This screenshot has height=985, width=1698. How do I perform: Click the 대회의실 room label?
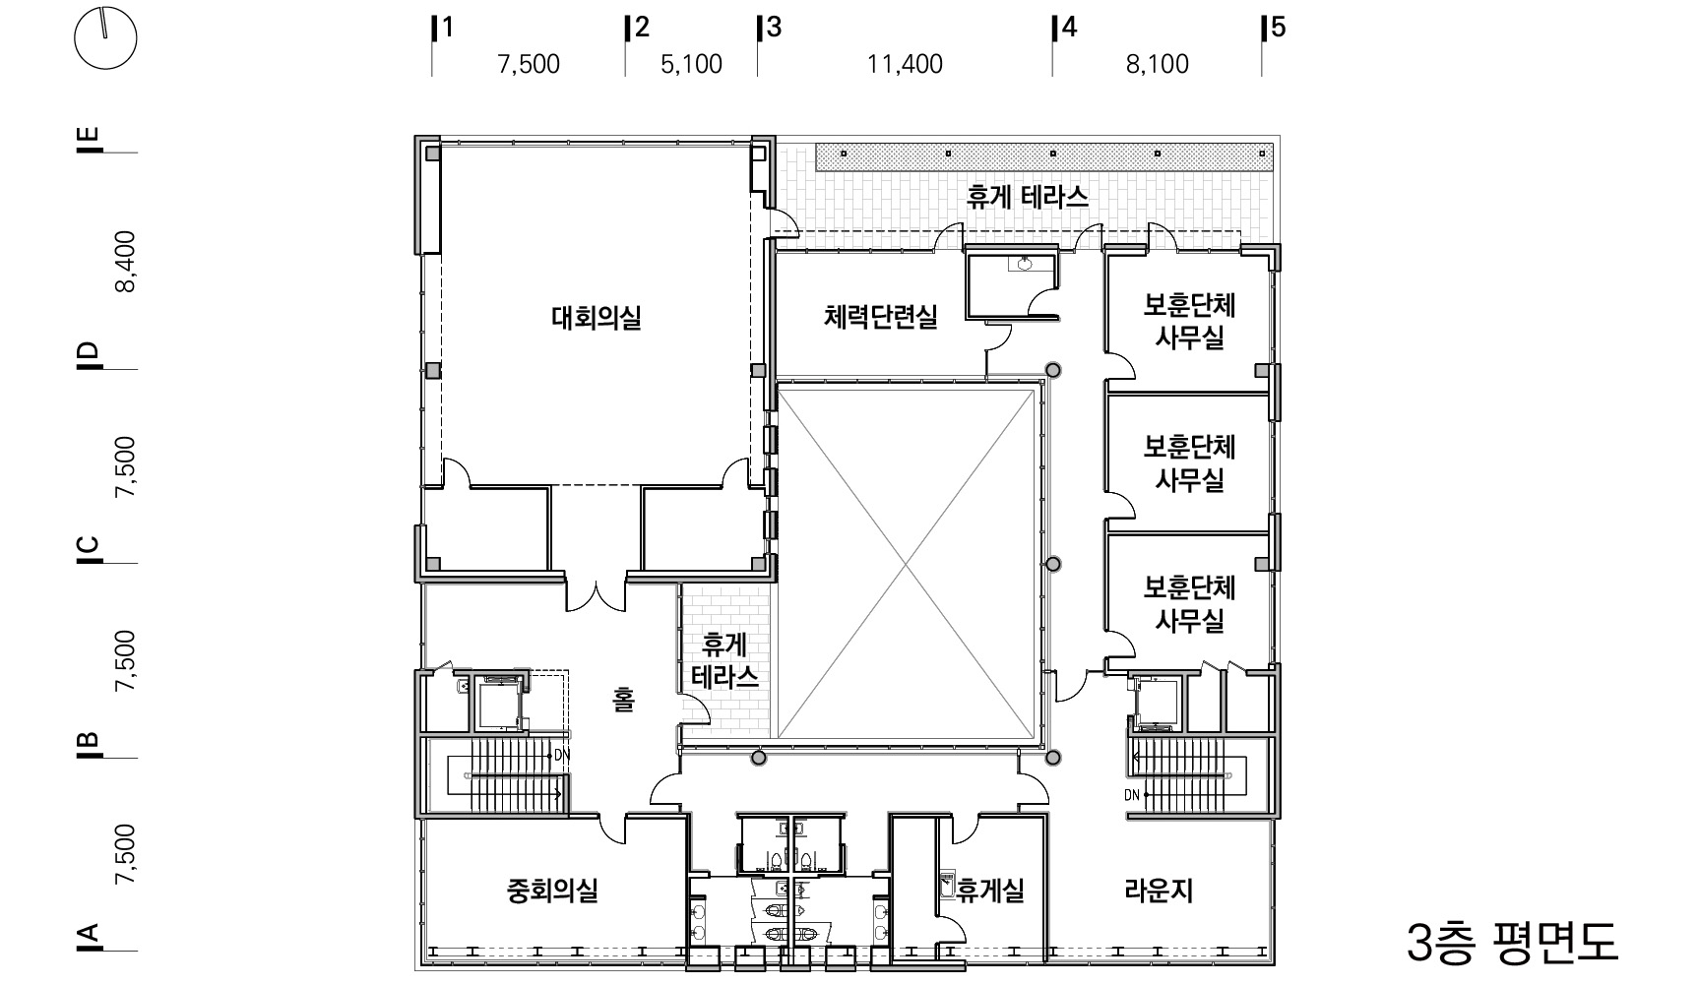click(x=597, y=318)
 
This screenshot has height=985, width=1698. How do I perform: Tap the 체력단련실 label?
click(x=881, y=317)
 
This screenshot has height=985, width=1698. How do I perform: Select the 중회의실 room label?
click(x=552, y=892)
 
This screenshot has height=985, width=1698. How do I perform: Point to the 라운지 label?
click(x=1159, y=892)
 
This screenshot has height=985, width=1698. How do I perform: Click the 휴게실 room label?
click(x=991, y=891)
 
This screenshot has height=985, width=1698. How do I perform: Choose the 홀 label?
click(x=624, y=700)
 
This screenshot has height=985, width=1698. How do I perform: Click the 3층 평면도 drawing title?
click(x=1512, y=943)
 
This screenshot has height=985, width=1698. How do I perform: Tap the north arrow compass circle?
click(x=106, y=37)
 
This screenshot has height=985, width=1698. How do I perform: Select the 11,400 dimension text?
click(x=905, y=65)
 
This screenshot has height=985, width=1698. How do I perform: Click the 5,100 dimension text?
click(x=691, y=65)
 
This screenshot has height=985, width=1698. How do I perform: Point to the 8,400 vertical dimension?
click(x=125, y=262)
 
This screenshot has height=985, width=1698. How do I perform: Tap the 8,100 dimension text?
click(x=1158, y=65)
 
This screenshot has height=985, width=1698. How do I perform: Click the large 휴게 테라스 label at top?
click(x=1028, y=198)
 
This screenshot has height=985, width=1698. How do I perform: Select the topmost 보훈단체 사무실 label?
click(x=1189, y=322)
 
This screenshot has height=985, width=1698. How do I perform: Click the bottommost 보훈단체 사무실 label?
click(x=1189, y=604)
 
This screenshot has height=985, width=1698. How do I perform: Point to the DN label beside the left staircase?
click(x=562, y=755)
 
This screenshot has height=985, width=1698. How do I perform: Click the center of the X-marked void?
click(x=908, y=562)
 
